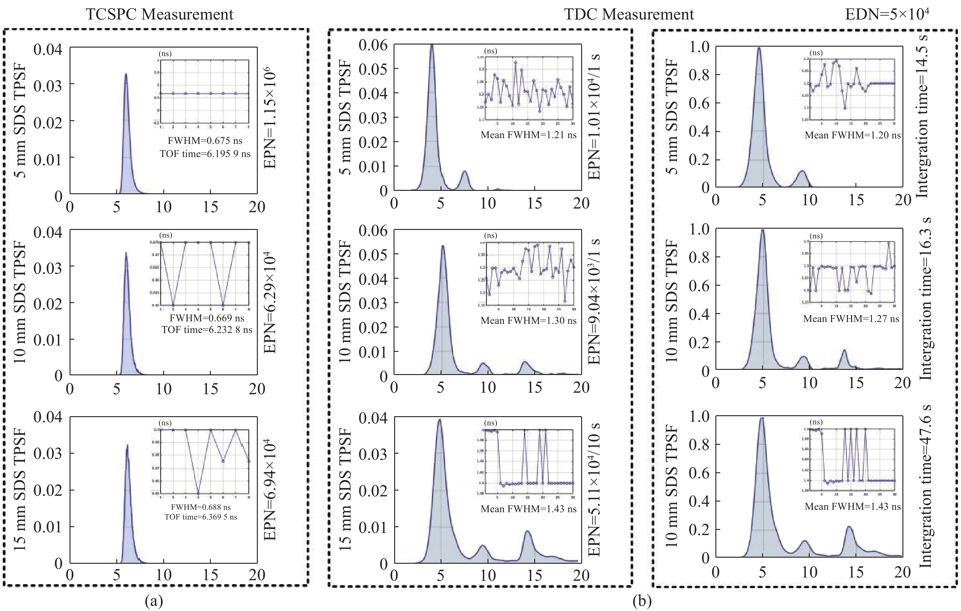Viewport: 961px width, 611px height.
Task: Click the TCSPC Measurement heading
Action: point(159,14)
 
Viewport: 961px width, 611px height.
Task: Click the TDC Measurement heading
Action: point(629,14)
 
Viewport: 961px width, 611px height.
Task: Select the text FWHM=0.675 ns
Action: point(205,141)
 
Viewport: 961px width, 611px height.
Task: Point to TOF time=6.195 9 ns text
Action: point(205,154)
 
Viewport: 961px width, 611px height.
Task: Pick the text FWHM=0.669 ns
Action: point(207,318)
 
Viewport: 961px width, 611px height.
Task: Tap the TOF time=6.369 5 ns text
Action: point(201,517)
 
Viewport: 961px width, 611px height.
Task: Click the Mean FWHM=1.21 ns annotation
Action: point(528,135)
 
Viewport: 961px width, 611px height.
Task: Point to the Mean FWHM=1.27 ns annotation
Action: point(851,319)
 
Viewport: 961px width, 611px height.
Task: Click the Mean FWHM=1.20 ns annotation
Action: point(852,135)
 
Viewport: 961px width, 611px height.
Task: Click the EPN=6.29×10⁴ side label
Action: point(270,302)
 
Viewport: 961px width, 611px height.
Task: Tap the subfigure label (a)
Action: point(154,601)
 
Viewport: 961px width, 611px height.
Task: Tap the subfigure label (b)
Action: point(642,601)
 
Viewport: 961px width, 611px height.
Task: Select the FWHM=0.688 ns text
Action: point(201,507)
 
